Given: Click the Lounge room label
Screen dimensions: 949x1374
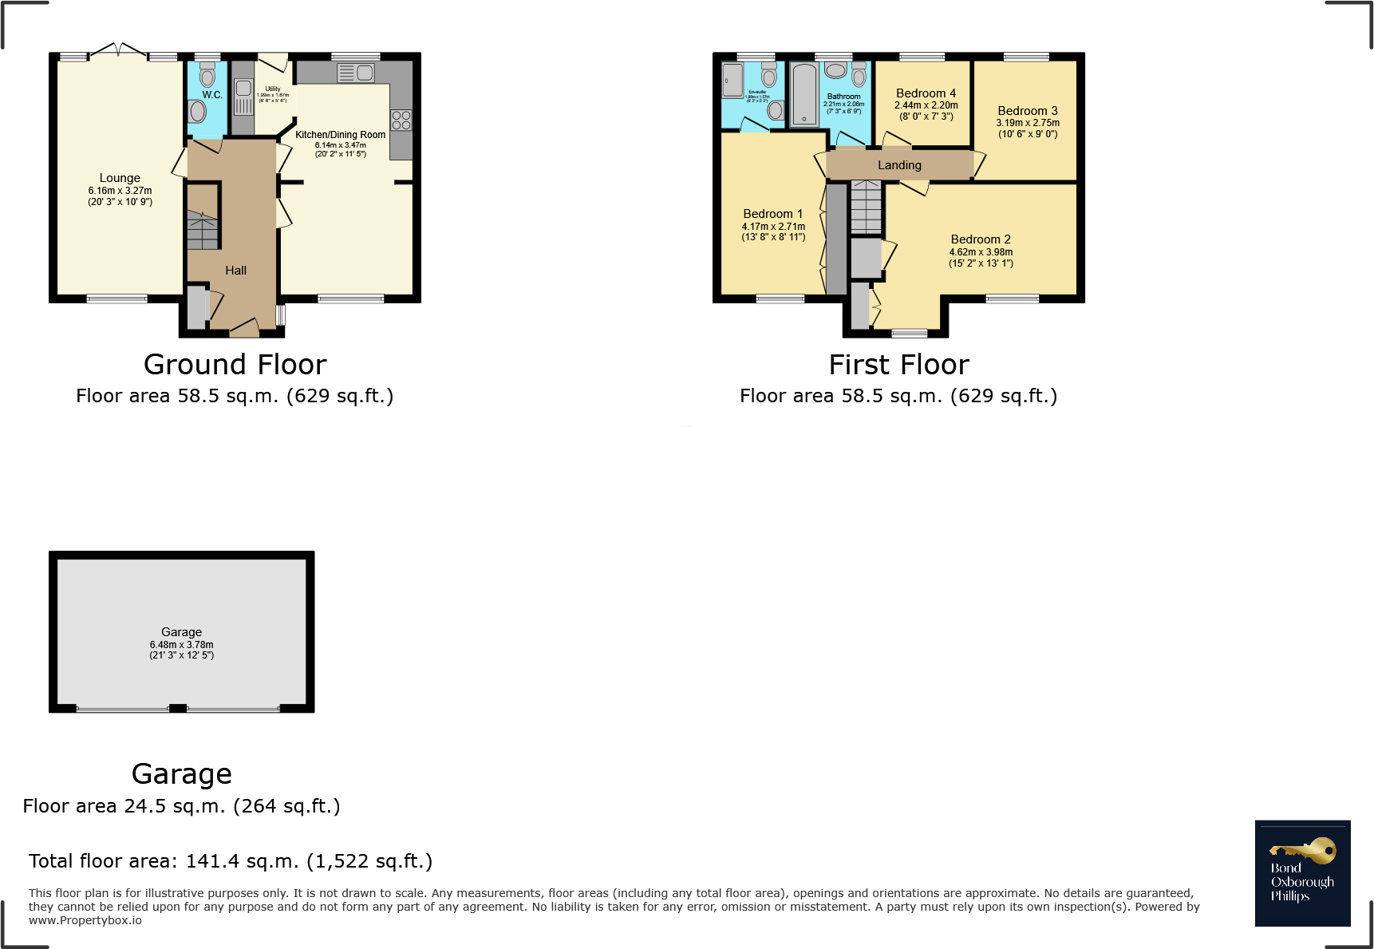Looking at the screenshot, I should tap(120, 178).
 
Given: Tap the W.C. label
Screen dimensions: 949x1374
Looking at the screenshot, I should tap(212, 94).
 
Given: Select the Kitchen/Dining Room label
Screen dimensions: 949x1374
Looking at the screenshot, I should tap(340, 135).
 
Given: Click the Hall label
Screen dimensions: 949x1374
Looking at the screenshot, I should tap(235, 271).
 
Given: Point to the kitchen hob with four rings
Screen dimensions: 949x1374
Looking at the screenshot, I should tap(401, 121).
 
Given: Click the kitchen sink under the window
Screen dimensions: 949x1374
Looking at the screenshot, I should tap(356, 73).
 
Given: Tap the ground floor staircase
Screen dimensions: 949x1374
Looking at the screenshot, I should tap(203, 230).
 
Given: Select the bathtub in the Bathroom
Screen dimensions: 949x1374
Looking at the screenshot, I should tap(804, 95).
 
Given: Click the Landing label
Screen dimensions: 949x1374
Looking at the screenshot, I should tap(899, 165).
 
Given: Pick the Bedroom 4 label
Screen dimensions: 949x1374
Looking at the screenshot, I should tap(926, 93).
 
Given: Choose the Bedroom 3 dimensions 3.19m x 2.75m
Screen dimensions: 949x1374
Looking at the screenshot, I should tap(1028, 123).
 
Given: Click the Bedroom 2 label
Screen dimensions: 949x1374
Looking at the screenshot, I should tap(981, 239).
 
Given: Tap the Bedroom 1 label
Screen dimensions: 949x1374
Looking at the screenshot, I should tap(772, 214).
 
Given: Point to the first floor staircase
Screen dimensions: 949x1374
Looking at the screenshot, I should tap(866, 207).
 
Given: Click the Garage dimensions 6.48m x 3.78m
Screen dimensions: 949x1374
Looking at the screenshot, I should tap(182, 645).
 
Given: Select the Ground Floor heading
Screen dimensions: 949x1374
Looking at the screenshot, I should tap(235, 365).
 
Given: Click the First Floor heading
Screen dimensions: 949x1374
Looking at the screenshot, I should tap(898, 365).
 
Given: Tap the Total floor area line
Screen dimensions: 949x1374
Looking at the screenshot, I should tap(231, 861).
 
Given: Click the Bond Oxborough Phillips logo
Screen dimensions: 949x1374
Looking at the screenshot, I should tap(1302, 873).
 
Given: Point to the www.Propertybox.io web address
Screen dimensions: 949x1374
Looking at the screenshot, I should tap(85, 920).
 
